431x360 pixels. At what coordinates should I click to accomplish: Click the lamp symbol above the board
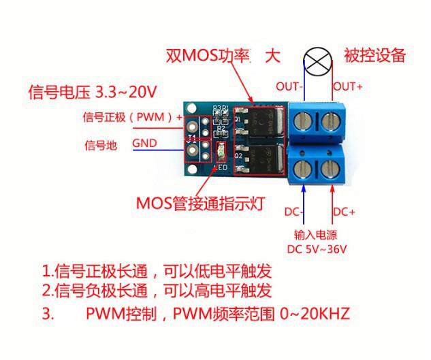[x=315, y=61]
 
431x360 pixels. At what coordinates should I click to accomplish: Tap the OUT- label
[x=289, y=86]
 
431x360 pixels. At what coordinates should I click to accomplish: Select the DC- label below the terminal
[x=294, y=212]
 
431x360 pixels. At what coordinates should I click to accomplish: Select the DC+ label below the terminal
[x=344, y=212]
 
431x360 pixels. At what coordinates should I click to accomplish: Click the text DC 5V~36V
[x=317, y=249]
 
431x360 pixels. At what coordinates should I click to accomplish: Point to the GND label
[x=146, y=144]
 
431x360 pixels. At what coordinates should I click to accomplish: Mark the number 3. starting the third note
[x=47, y=314]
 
